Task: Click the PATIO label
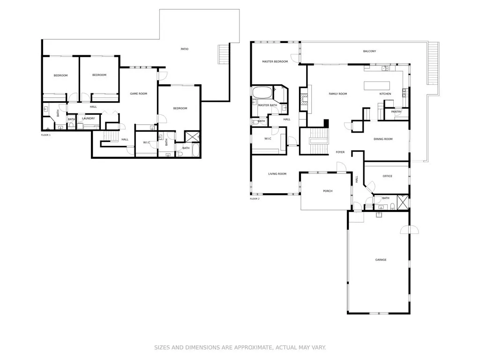(185, 49)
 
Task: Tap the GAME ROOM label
(138, 94)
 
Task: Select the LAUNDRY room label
(88, 119)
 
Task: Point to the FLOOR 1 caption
(45, 135)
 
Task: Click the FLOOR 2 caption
(255, 199)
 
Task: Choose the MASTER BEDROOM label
(275, 61)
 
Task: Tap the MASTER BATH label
(267, 105)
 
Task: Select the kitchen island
(377, 85)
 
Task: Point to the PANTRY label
(396, 112)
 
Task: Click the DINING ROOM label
(383, 139)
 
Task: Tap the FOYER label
(340, 152)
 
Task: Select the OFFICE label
(387, 176)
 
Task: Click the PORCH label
(328, 191)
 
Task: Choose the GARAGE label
(381, 260)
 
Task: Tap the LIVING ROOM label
(277, 174)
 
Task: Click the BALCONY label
(369, 51)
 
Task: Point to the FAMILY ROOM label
(337, 94)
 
